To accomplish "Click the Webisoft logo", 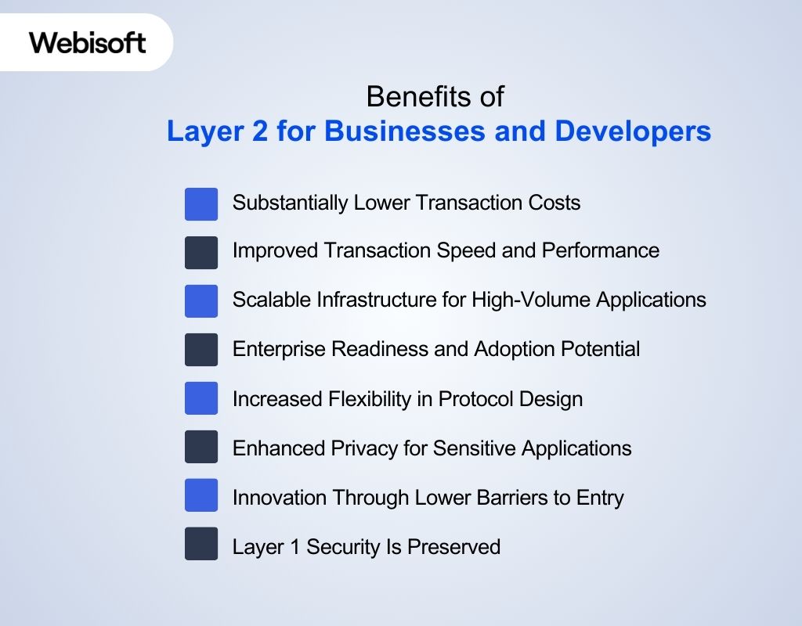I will pos(88,42).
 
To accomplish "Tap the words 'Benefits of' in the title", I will pos(435,97).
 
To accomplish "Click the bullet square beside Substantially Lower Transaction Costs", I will pos(201,203).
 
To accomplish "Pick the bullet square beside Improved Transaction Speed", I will pos(201,252).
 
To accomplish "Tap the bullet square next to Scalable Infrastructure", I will pos(201,300).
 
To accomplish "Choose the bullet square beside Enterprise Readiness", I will pos(201,349).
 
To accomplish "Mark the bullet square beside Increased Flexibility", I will pos(201,398).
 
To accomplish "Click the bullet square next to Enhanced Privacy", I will pos(201,447).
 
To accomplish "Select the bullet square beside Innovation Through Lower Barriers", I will pos(201,496).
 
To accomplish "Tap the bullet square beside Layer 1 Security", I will pos(201,544).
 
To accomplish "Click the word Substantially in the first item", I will pos(290,203).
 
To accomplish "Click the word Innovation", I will pos(280,498).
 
